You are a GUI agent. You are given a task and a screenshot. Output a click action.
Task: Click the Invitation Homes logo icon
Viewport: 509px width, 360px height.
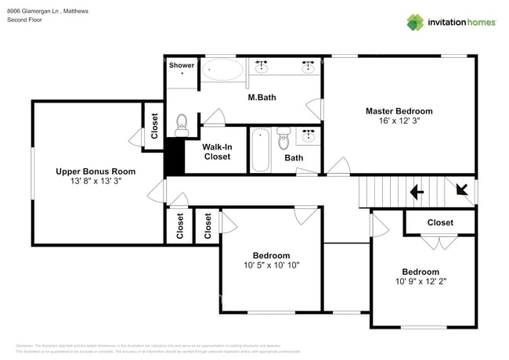pyautogui.click(x=416, y=22)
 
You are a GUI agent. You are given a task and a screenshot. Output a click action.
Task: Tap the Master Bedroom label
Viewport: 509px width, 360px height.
pyautogui.click(x=399, y=111)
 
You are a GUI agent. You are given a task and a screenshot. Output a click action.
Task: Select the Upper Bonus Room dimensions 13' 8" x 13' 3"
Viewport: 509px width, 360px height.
pyautogui.click(x=95, y=181)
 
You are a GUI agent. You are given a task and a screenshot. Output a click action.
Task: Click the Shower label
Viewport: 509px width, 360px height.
pyautogui.click(x=181, y=65)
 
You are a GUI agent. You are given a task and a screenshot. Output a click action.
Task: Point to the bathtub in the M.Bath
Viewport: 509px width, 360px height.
pyautogui.click(x=222, y=71)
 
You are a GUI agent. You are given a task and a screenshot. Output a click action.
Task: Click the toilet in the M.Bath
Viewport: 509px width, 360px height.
pyautogui.click(x=182, y=124)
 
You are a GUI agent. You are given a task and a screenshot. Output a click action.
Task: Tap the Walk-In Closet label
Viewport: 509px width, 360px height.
pyautogui.click(x=216, y=152)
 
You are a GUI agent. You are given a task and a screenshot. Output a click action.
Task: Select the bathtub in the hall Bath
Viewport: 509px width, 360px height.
pyautogui.click(x=260, y=150)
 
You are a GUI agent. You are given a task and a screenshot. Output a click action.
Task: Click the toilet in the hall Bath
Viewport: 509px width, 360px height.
pyautogui.click(x=283, y=138)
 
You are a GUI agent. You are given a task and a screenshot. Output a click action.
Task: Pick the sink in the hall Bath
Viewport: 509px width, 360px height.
pyautogui.click(x=309, y=135)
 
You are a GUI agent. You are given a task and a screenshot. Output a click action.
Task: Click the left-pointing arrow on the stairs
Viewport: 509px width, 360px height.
pyautogui.click(x=416, y=190)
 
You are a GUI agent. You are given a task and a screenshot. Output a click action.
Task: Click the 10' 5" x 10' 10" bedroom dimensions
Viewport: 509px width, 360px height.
pyautogui.click(x=271, y=265)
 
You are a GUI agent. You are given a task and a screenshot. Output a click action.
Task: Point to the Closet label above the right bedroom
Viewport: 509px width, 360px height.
pyautogui.click(x=439, y=222)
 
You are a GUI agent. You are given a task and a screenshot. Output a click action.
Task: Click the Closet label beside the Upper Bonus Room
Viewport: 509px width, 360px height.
pyautogui.click(x=154, y=127)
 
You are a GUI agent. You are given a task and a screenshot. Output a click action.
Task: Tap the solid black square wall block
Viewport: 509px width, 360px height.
pyautogui.click(x=173, y=157)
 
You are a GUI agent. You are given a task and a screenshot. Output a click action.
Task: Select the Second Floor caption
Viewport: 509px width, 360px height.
pyautogui.click(x=24, y=20)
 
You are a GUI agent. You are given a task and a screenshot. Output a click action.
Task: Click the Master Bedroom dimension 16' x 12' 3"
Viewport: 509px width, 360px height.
pyautogui.click(x=399, y=122)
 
